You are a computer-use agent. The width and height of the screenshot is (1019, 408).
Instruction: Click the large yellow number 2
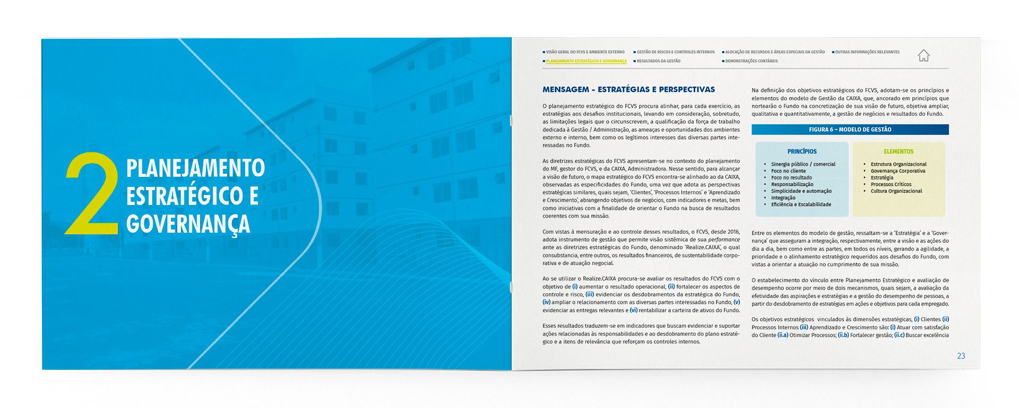(91, 194)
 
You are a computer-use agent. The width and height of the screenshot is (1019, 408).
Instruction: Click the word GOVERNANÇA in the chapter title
(188, 224)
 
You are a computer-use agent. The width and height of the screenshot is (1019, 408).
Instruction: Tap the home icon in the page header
(923, 55)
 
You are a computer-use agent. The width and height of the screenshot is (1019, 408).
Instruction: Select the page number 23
(961, 356)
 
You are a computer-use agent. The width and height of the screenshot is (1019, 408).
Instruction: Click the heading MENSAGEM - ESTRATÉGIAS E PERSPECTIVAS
(628, 90)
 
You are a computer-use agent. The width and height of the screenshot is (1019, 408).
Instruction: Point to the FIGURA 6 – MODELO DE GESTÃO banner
(850, 130)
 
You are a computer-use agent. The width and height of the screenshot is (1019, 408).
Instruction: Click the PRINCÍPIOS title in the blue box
(802, 151)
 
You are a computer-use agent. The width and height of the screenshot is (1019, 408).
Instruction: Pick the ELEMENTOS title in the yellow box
(899, 151)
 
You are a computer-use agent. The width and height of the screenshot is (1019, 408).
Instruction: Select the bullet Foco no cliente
(788, 171)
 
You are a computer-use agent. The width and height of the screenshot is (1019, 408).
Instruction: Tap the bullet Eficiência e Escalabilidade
(801, 205)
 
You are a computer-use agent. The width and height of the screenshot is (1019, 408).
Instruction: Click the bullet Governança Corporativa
(897, 171)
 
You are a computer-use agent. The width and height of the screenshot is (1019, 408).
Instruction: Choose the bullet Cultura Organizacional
(896, 191)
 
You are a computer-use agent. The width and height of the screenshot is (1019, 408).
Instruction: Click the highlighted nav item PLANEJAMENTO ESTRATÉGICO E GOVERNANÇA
(586, 61)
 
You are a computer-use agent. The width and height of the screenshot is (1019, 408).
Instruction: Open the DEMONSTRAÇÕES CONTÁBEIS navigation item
(751, 61)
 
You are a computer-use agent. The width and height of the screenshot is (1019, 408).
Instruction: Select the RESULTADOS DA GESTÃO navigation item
(658, 61)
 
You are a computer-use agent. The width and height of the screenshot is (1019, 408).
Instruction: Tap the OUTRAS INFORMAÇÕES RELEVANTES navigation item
(867, 52)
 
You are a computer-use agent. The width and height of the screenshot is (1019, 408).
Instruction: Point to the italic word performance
(723, 240)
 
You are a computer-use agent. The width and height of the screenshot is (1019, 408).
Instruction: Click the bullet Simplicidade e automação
(801, 191)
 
